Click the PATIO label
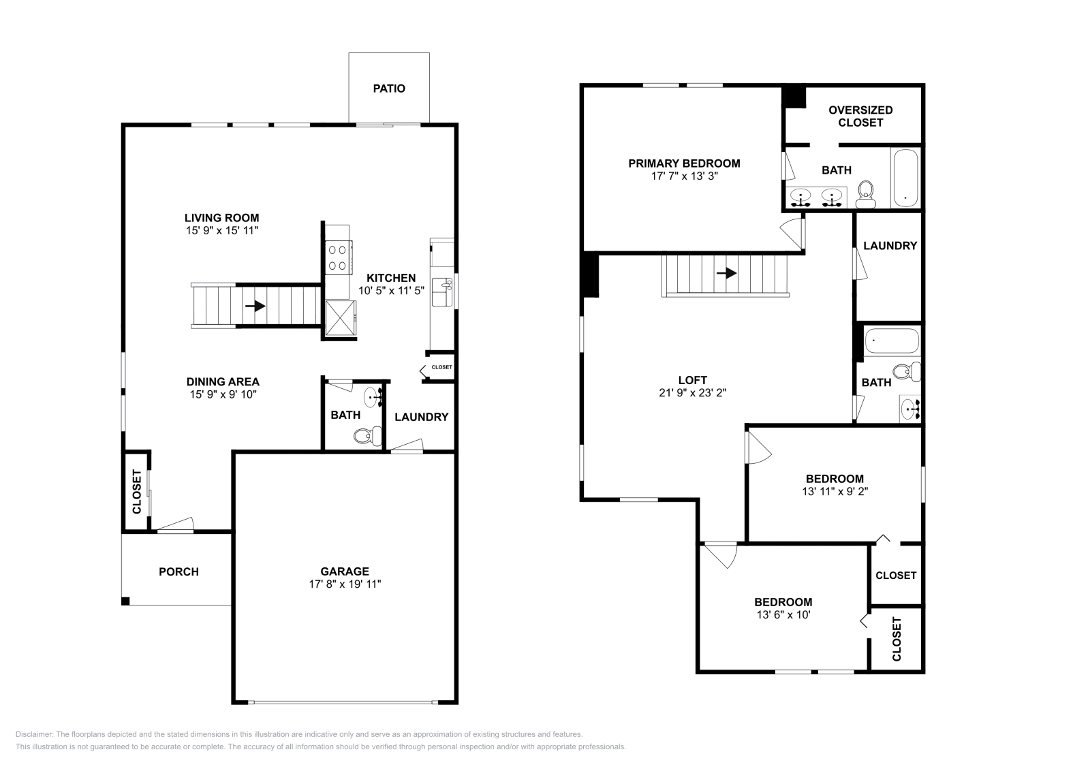click(x=389, y=89)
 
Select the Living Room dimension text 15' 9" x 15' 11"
click(x=222, y=231)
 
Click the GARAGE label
click(x=345, y=571)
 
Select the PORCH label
click(x=178, y=571)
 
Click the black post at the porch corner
click(x=125, y=601)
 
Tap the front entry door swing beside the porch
click(x=176, y=524)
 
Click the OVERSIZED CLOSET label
click(x=860, y=116)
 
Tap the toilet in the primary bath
click(x=866, y=194)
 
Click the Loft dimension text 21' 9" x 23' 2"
click(x=692, y=393)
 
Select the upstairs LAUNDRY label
click(x=890, y=246)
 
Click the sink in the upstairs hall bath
click(x=909, y=409)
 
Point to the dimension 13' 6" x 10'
click(x=783, y=614)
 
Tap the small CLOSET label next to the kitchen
click(x=441, y=367)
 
